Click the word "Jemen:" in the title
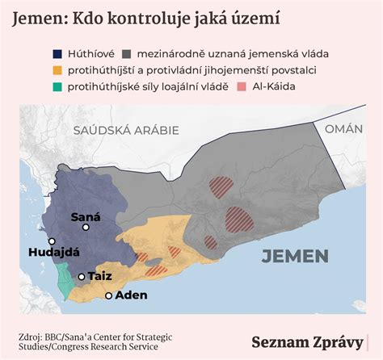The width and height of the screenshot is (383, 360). pyautogui.click(x=40, y=18)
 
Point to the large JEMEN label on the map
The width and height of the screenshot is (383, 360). pyautogui.click(x=295, y=257)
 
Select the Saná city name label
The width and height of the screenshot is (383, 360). pyautogui.click(x=87, y=216)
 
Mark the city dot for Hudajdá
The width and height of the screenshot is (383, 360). pyautogui.click(x=52, y=241)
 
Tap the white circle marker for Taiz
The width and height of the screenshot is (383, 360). pyautogui.click(x=82, y=277)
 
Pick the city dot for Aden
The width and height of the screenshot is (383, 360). pyautogui.click(x=109, y=295)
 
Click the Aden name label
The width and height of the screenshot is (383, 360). pyautogui.click(x=131, y=295)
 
